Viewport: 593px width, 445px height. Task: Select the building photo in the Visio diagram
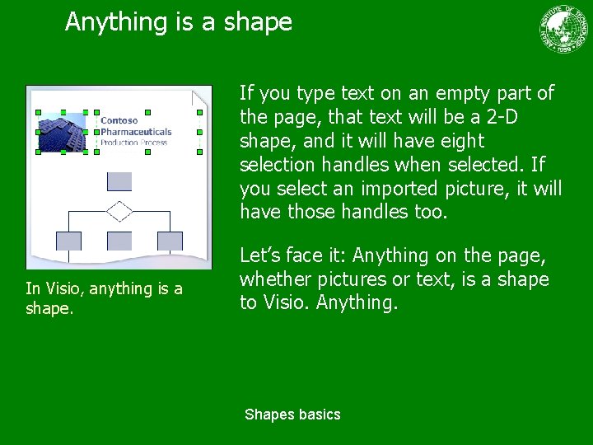pyautogui.click(x=63, y=132)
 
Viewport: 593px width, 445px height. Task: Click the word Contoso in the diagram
pyautogui.click(x=119, y=120)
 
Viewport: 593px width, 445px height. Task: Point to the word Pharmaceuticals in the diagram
pyautogui.click(x=136, y=131)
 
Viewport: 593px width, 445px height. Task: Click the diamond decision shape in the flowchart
pyautogui.click(x=119, y=211)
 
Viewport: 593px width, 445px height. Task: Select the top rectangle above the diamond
pyautogui.click(x=119, y=181)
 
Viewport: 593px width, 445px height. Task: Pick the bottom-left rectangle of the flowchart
pyautogui.click(x=68, y=241)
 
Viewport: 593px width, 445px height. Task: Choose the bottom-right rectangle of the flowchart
pyautogui.click(x=170, y=241)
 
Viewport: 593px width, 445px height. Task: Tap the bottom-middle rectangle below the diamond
pyautogui.click(x=119, y=241)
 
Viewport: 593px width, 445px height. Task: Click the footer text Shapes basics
pyautogui.click(x=292, y=415)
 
